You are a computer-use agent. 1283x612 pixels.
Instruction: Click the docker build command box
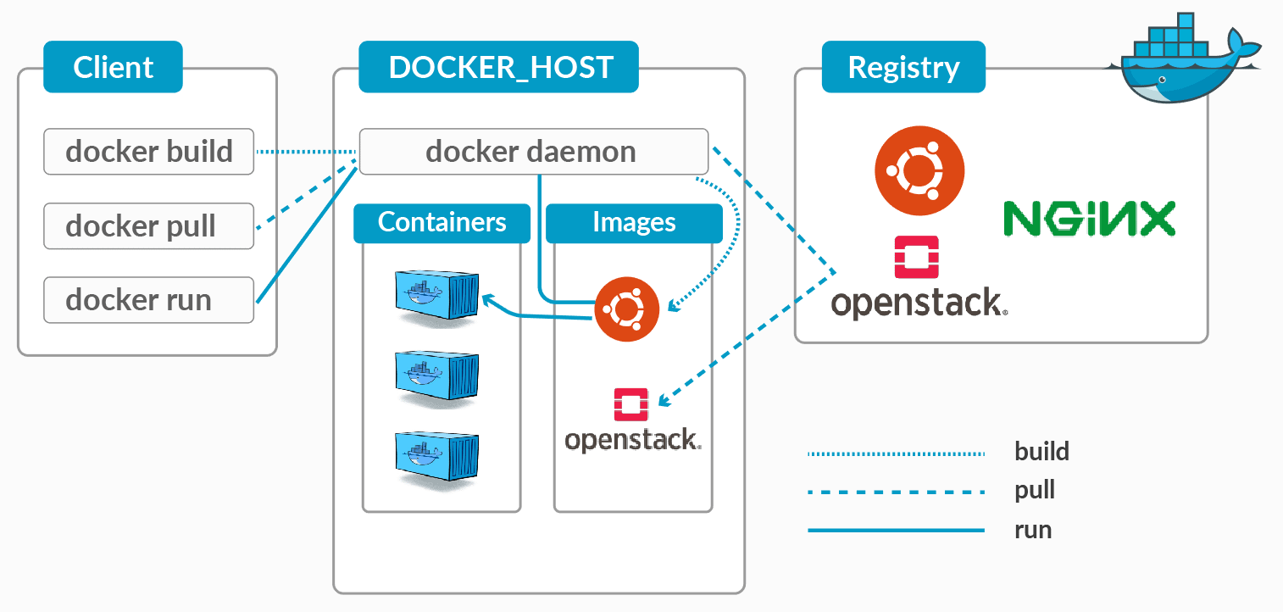pyautogui.click(x=148, y=152)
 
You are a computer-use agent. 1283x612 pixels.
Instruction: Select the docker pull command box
pyautogui.click(x=148, y=226)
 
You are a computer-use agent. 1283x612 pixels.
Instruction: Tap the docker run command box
pyautogui.click(x=148, y=300)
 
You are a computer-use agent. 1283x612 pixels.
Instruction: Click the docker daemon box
pyautogui.click(x=533, y=152)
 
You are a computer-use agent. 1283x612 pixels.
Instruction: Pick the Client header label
pyautogui.click(x=113, y=67)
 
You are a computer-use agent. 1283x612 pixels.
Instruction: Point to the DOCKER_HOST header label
pyautogui.click(x=499, y=67)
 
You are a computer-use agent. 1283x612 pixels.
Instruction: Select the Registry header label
pyautogui.click(x=903, y=67)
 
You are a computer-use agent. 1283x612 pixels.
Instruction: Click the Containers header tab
pyautogui.click(x=442, y=222)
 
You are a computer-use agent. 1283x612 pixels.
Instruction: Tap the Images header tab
pyautogui.click(x=634, y=222)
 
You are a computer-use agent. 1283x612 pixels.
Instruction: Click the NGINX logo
pyautogui.click(x=1089, y=218)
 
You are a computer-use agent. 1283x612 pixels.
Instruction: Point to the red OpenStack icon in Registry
pyautogui.click(x=916, y=258)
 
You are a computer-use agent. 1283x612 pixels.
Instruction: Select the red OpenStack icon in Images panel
pyautogui.click(x=630, y=405)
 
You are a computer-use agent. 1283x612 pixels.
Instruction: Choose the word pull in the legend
pyautogui.click(x=1034, y=491)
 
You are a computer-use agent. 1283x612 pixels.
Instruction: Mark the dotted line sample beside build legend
pyautogui.click(x=896, y=453)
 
